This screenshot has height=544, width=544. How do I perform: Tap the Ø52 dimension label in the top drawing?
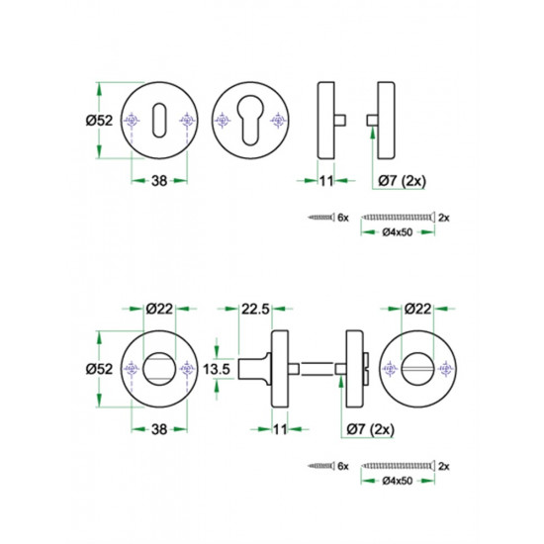click(99, 121)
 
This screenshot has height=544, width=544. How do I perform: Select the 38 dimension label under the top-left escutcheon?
click(159, 181)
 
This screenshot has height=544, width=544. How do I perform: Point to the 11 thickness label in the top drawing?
click(326, 181)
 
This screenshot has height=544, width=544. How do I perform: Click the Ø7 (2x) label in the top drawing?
click(402, 181)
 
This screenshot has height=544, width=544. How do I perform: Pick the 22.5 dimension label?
click(255, 309)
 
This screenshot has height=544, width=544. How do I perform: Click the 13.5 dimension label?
click(217, 369)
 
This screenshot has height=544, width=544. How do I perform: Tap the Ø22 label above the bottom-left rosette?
click(159, 309)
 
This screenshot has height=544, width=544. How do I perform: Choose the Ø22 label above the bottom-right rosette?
click(417, 309)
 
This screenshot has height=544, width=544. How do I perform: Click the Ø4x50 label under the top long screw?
click(398, 232)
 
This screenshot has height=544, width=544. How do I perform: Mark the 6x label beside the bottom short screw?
click(343, 466)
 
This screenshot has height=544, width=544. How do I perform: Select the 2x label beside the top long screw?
click(444, 218)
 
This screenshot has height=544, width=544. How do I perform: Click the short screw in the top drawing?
click(321, 218)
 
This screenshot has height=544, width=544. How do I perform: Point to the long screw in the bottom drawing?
click(398, 466)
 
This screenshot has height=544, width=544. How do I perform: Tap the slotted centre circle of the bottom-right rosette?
click(417, 369)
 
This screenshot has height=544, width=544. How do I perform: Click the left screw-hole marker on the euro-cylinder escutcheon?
click(223, 120)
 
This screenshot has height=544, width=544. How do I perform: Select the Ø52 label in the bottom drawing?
click(99, 369)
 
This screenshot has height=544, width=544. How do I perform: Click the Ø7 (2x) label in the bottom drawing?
click(371, 430)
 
